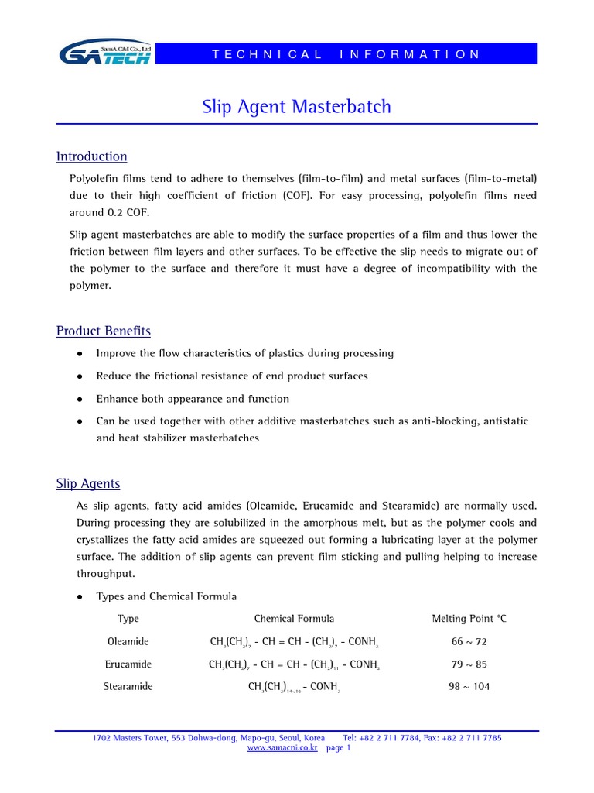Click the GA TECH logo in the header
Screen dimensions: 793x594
(x=105, y=53)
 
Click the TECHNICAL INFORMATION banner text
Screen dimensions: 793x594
(x=346, y=54)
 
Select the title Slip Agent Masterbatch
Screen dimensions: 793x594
(x=296, y=106)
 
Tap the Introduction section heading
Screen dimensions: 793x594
(x=91, y=156)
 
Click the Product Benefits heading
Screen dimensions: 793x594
(x=103, y=331)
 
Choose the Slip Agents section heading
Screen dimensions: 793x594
(x=88, y=484)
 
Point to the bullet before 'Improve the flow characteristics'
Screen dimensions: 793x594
(x=80, y=354)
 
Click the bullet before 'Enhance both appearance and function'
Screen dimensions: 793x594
(x=80, y=400)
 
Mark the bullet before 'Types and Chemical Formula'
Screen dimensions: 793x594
(x=80, y=597)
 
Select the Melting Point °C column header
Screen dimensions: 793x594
(x=469, y=619)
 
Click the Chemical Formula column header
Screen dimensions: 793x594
(x=294, y=619)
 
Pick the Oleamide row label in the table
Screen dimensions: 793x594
(x=128, y=642)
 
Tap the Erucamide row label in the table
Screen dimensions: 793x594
(x=128, y=664)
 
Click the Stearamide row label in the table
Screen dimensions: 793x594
(x=128, y=687)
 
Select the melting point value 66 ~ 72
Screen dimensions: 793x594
(x=469, y=642)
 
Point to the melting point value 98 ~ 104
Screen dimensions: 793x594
(x=469, y=687)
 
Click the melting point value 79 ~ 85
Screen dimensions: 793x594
(x=469, y=664)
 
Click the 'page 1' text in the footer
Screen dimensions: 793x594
(x=339, y=748)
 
